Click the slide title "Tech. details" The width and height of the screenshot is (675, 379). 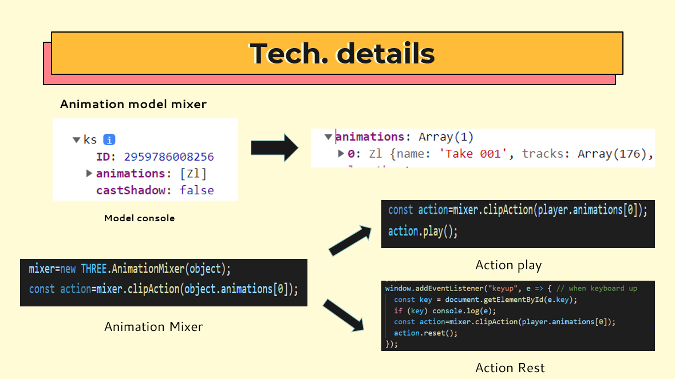point(342,53)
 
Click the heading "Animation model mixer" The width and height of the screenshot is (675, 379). point(133,104)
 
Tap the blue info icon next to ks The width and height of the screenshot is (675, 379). point(109,139)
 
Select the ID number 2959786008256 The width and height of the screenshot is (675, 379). point(169,157)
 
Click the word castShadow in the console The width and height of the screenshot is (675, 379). point(131,190)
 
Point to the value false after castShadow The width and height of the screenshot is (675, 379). point(196,190)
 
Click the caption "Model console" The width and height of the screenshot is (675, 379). point(140,218)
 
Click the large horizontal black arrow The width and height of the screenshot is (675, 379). point(274,148)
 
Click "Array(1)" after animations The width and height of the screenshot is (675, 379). point(446,137)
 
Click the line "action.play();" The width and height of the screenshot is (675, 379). point(423,232)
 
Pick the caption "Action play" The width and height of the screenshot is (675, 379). point(508,265)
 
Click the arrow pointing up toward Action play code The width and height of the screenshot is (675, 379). point(349,241)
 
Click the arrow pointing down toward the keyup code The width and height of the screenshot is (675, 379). point(344,315)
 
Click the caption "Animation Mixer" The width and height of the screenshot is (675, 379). point(153,326)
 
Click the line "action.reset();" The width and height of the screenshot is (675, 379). point(426,333)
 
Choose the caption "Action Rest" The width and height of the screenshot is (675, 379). point(510,368)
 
